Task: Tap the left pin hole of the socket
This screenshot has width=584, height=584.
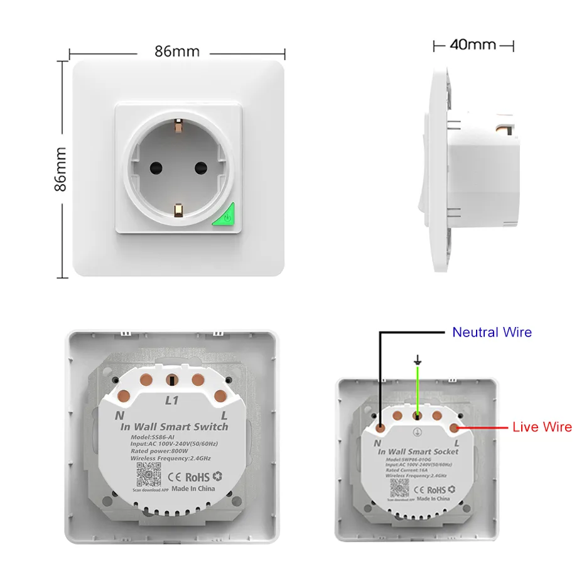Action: coord(154,168)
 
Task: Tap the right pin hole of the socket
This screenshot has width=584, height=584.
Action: coord(201,168)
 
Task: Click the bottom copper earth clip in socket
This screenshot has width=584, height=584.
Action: coord(178,209)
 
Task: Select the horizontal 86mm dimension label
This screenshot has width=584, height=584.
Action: coord(177,51)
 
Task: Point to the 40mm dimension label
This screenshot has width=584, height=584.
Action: coord(473,45)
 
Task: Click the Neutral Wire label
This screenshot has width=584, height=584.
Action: coord(492,332)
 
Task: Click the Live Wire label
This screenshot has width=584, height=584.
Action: coord(542,427)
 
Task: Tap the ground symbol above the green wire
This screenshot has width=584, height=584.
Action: coord(416,360)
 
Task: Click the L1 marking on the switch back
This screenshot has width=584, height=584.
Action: coord(172,399)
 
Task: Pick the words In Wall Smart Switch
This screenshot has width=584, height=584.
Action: coord(174,427)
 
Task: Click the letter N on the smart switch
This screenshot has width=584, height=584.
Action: coord(118,415)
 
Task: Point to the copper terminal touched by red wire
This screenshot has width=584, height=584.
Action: coord(454,428)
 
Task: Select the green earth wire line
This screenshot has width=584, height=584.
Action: coord(416,389)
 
